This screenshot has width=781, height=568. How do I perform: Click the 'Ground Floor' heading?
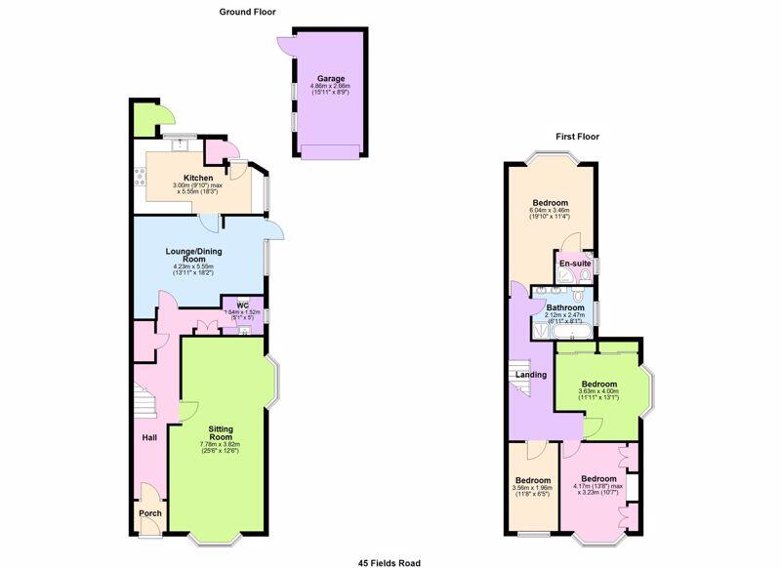tap(248, 13)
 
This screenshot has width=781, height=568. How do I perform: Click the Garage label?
tap(330, 79)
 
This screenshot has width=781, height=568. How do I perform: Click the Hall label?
tap(149, 437)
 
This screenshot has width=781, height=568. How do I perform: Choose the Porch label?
tap(149, 513)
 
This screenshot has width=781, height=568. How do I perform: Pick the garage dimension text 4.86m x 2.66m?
tap(330, 90)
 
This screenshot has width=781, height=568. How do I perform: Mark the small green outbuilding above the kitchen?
tap(147, 119)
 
